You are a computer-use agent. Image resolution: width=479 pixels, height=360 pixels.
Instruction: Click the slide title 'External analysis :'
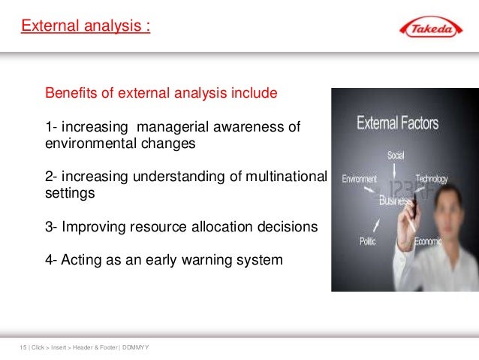85,27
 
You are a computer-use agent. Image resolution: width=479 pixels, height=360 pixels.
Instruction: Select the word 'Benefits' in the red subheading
71,94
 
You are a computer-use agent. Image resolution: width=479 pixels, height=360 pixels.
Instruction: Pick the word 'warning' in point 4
204,260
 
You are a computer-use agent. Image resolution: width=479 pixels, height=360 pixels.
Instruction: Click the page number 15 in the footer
22,347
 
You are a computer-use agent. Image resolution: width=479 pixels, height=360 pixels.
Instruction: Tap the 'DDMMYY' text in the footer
134,347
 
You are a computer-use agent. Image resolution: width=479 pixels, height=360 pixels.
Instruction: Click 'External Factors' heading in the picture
397,123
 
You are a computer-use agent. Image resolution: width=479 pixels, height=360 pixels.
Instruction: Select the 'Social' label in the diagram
396,156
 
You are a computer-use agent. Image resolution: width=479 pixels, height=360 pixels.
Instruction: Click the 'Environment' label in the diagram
360,180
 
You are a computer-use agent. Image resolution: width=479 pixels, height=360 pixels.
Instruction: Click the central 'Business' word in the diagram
395,200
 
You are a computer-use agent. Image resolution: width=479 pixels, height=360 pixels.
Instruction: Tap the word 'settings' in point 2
70,193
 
